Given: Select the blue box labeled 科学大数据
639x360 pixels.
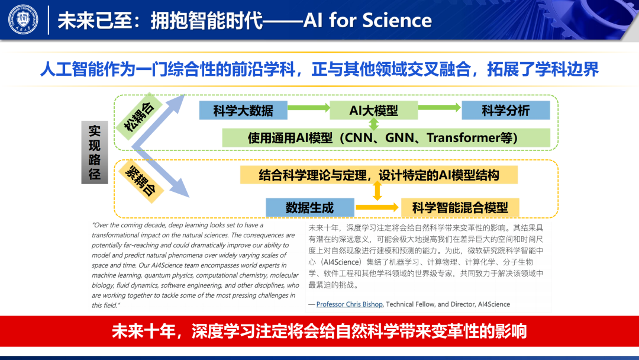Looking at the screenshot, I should pyautogui.click(x=243, y=110).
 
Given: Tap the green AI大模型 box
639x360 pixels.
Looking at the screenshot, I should pyautogui.click(x=373, y=110).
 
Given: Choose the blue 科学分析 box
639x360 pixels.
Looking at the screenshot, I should pyautogui.click(x=505, y=110).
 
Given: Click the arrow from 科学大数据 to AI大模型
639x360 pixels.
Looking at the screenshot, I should pyautogui.click(x=308, y=108).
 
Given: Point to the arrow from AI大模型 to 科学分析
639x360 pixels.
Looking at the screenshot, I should pyautogui.click(x=440, y=108).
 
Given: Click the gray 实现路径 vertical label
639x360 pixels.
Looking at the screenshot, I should pyautogui.click(x=95, y=152).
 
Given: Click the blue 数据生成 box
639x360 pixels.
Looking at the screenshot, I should pyautogui.click(x=309, y=208).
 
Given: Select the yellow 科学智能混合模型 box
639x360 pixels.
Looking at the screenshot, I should pyautogui.click(x=460, y=208).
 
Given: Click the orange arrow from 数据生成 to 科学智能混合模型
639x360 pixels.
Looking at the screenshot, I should pyautogui.click(x=377, y=208).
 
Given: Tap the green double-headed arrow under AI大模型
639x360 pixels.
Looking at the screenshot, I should pyautogui.click(x=373, y=124).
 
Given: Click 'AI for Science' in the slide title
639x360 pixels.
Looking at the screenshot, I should pyautogui.click(x=367, y=21).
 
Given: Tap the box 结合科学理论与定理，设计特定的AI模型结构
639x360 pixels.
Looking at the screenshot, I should pyautogui.click(x=379, y=175).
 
